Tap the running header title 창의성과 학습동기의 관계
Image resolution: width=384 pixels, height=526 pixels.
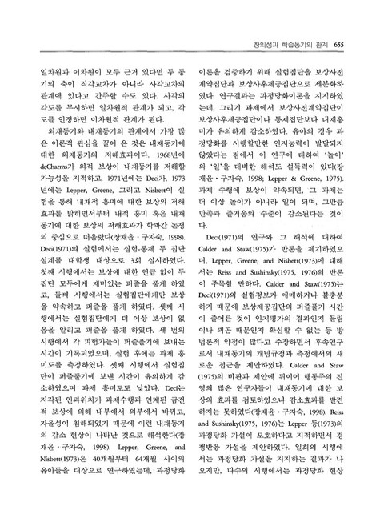coord(295,44)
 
